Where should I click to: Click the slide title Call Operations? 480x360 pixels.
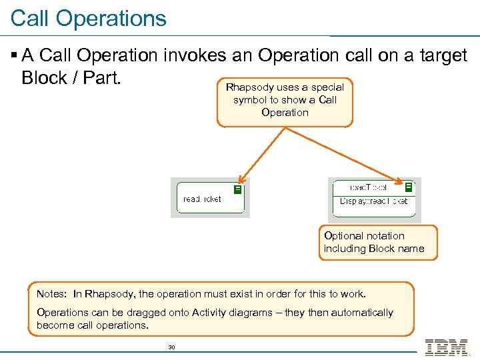pyautogui.click(x=89, y=18)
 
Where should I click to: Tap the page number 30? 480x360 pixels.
pyautogui.click(x=171, y=347)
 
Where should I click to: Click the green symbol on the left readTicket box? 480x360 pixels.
pyautogui.click(x=237, y=189)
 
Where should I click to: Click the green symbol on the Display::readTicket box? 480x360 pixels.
pyautogui.click(x=409, y=187)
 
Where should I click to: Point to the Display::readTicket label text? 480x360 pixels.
pyautogui.click(x=373, y=201)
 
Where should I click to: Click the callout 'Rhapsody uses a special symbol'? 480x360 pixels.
pyautogui.click(x=285, y=100)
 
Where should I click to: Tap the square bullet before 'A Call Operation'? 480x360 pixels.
pyautogui.click(x=15, y=56)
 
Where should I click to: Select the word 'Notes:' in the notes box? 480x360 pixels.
pyautogui.click(x=52, y=294)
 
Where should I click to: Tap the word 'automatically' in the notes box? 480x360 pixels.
pyautogui.click(x=361, y=313)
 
